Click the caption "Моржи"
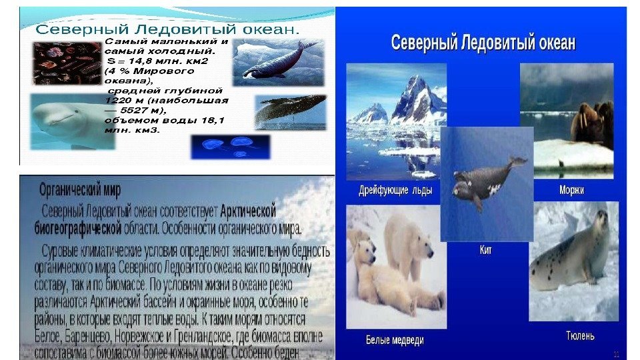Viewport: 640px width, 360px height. point(571,190)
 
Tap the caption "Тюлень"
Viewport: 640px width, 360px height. point(580,335)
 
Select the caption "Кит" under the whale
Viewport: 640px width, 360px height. point(486,250)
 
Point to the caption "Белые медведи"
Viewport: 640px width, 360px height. point(395,340)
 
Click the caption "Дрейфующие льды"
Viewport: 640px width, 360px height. point(395,190)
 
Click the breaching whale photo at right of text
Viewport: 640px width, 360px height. point(289,111)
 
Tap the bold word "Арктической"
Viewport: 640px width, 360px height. point(248,211)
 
